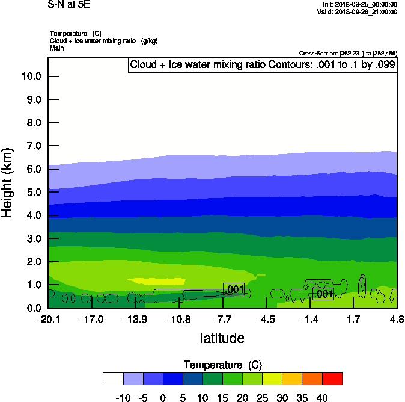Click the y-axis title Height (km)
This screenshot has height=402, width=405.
(x=8, y=183)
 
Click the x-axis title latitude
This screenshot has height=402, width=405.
(x=222, y=338)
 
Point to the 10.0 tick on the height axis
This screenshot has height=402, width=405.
(x=31, y=76)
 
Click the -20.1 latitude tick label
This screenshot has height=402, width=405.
(x=48, y=319)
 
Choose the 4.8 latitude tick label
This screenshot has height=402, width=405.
(x=397, y=319)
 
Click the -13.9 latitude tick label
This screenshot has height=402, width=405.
(x=135, y=319)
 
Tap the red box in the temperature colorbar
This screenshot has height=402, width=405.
(x=332, y=378)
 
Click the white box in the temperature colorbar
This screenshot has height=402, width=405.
(x=113, y=378)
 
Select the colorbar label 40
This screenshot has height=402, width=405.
(x=322, y=398)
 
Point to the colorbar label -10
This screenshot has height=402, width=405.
(x=123, y=398)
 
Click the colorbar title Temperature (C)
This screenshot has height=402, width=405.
(x=222, y=365)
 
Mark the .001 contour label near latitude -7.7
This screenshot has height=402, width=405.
(x=234, y=289)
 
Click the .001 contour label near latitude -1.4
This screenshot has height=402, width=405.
(x=323, y=294)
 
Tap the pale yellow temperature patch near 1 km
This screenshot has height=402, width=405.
(x=156, y=280)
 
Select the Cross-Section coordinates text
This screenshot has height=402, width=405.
(x=347, y=54)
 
